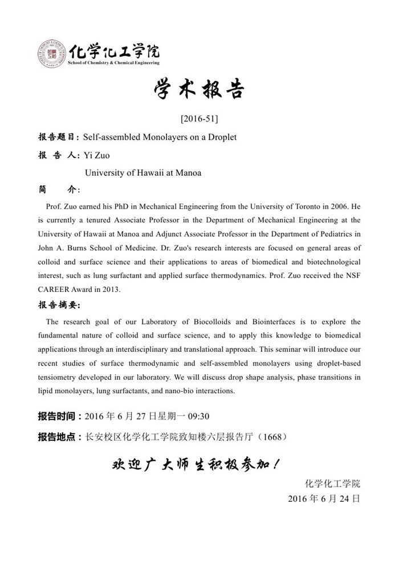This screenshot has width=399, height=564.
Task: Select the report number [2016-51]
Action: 199,119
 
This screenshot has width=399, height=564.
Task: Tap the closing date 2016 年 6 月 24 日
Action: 324,498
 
